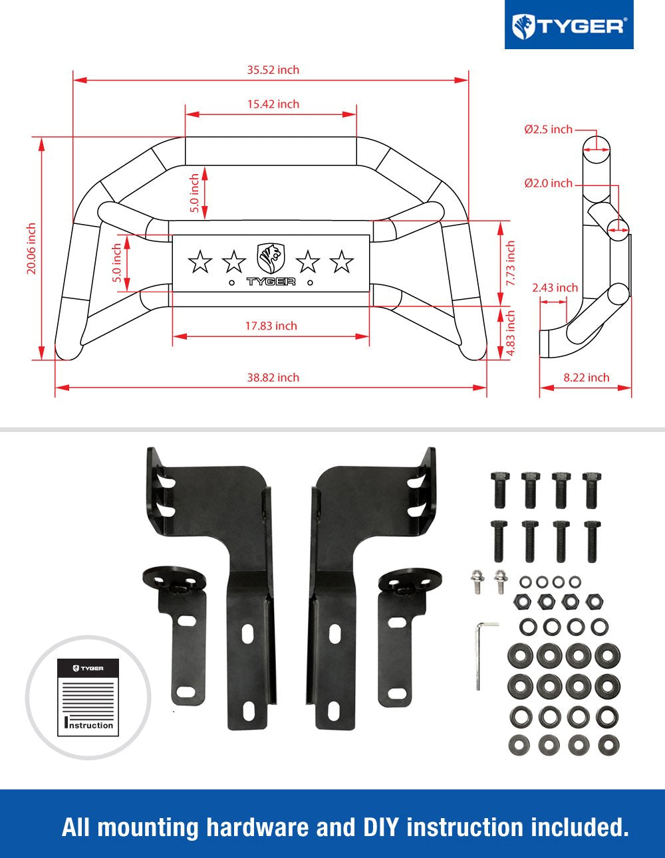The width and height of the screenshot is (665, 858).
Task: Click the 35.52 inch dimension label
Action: pyautogui.click(x=273, y=70)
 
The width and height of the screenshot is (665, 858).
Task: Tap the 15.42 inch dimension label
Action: pyautogui.click(x=273, y=104)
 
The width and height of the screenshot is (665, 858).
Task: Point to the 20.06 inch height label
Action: pyautogui.click(x=31, y=249)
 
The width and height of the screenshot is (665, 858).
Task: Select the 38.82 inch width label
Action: pyautogui.click(x=273, y=377)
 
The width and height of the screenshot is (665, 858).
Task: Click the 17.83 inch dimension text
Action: pyautogui.click(x=271, y=326)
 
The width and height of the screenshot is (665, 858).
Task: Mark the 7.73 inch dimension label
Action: pyautogui.click(x=511, y=263)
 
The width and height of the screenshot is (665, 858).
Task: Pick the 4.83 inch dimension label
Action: pyautogui.click(x=511, y=333)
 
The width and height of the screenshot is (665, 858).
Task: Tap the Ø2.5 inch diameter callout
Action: pyautogui.click(x=548, y=129)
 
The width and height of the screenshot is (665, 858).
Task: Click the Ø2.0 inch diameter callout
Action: pyautogui.click(x=548, y=183)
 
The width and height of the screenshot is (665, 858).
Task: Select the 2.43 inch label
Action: pyautogui.click(x=555, y=288)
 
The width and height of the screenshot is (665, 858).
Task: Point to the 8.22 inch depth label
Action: pyautogui.click(x=587, y=377)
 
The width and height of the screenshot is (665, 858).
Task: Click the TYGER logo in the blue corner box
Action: pyautogui.click(x=569, y=27)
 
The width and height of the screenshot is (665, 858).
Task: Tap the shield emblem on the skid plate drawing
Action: pyautogui.click(x=271, y=259)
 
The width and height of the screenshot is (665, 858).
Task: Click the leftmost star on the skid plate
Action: pyautogui.click(x=200, y=261)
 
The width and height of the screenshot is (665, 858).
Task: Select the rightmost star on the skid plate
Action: pyautogui.click(x=342, y=261)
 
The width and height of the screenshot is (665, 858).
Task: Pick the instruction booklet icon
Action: pyautogui.click(x=88, y=698)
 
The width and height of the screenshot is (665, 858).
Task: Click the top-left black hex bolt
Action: pyautogui.click(x=500, y=490)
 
